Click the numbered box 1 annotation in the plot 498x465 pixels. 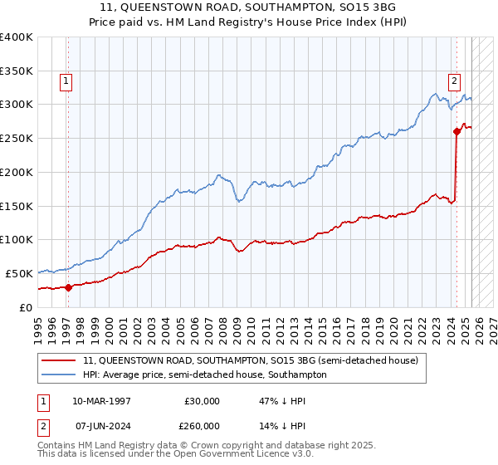(x=66, y=81)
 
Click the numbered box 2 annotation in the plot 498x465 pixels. (x=455, y=81)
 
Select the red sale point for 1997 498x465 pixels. (x=69, y=287)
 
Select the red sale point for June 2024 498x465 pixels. (x=456, y=131)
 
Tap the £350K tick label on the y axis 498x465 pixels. (x=17, y=71)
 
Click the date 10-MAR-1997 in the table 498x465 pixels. (x=100, y=401)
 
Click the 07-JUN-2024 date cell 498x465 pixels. (x=100, y=425)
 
